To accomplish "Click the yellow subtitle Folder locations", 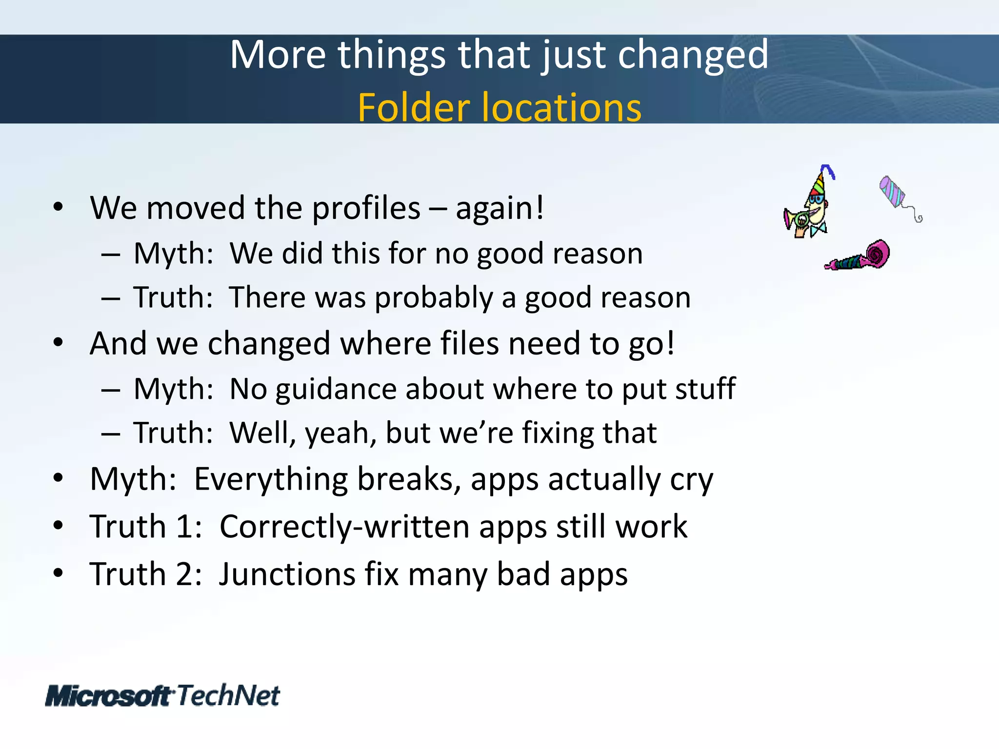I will tap(499, 107).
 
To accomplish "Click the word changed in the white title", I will tap(693, 55).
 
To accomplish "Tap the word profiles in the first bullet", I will tap(366, 209).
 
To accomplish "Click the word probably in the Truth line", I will tap(434, 297).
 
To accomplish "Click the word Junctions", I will tap(287, 574).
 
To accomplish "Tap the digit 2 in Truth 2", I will tap(185, 574).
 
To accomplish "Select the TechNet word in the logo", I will tap(228, 695).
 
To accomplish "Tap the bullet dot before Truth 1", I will tap(58, 526).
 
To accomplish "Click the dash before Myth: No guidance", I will tap(111, 390).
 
